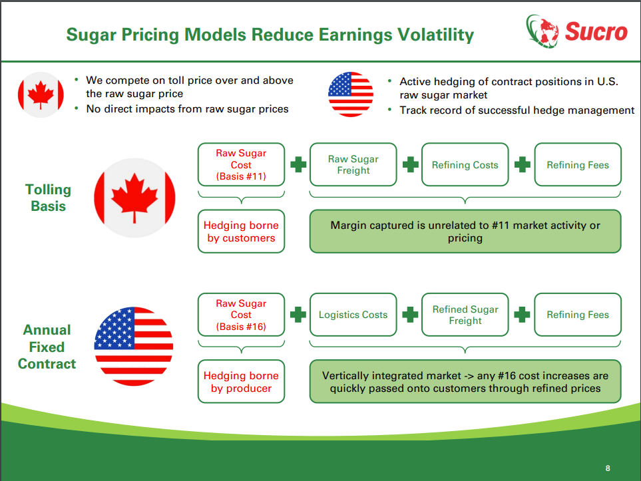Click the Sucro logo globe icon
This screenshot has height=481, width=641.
click(542, 31)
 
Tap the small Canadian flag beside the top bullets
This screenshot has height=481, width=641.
click(41, 95)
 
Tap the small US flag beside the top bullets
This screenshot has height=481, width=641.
click(351, 94)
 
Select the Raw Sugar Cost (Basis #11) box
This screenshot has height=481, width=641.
click(241, 165)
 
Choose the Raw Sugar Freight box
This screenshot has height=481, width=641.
click(353, 165)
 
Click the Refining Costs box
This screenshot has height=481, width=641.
click(465, 165)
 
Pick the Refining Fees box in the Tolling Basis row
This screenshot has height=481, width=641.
click(578, 165)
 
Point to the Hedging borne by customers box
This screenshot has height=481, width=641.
click(241, 232)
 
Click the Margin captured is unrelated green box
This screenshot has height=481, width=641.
click(465, 232)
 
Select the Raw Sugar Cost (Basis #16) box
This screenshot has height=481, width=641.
click(241, 315)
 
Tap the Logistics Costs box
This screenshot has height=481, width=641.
click(353, 315)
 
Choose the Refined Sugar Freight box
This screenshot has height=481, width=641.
click(465, 315)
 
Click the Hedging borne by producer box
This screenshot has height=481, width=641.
click(241, 381)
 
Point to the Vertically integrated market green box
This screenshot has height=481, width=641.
click(465, 381)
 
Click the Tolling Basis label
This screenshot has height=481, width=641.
click(48, 198)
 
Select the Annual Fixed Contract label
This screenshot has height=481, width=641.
click(47, 347)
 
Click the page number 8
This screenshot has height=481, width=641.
click(608, 468)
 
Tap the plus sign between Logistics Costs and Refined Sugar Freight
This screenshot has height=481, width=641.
click(410, 315)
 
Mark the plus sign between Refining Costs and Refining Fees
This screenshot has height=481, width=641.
click(523, 165)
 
